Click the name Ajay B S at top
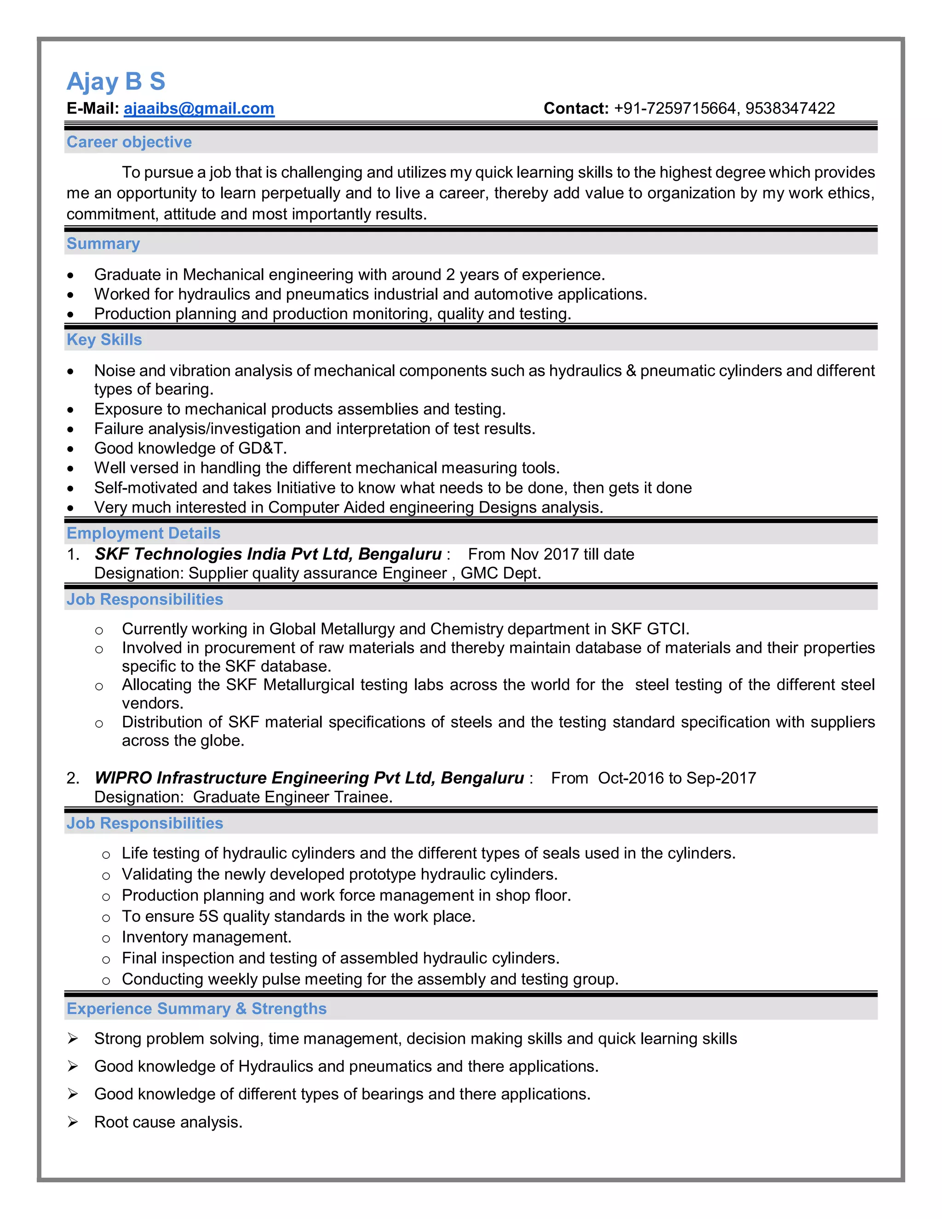coord(115,81)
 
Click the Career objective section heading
coord(129,142)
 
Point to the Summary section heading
coord(103,244)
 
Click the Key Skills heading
coord(104,340)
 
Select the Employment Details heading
coord(144,534)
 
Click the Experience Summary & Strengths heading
coord(196,1009)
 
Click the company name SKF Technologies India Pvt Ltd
coord(223,554)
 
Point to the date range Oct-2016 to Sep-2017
coord(676,778)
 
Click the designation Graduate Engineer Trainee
coord(292,797)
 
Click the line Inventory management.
coord(207,937)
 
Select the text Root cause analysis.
coord(168,1122)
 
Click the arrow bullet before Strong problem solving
coord(73,1038)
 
